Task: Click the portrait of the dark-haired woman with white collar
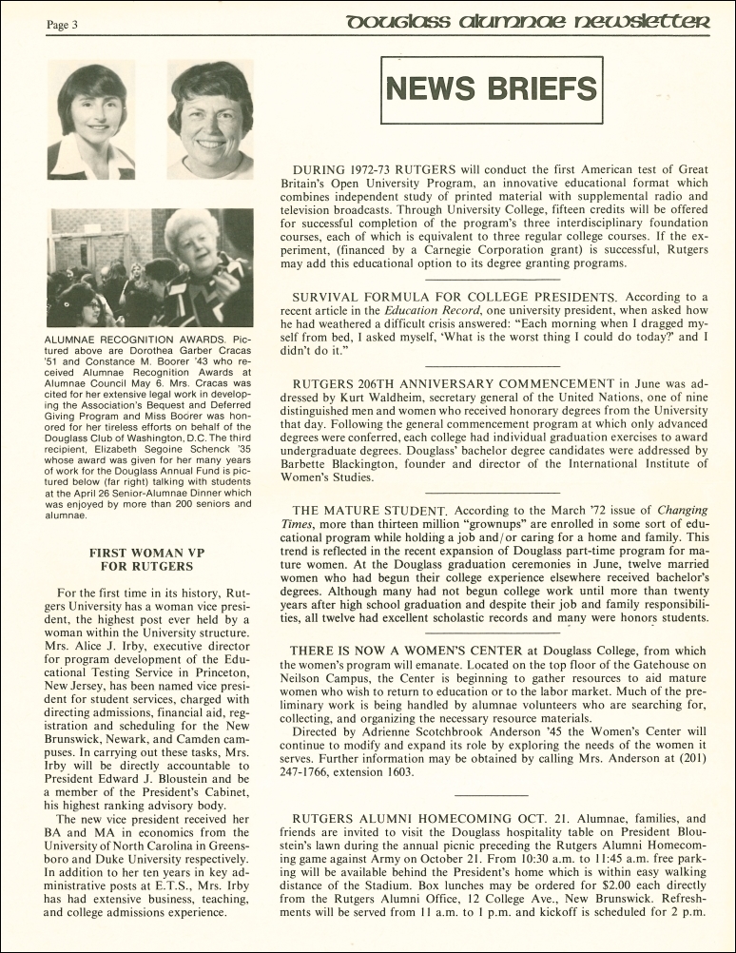point(91,121)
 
